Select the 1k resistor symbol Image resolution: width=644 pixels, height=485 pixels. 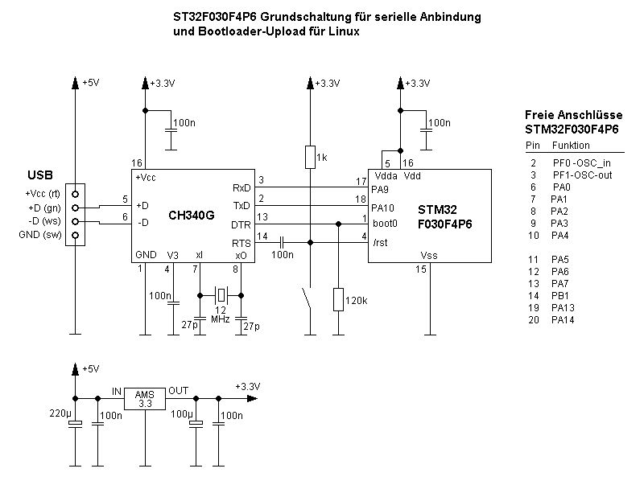[310, 157]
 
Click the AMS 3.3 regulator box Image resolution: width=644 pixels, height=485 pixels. [145, 398]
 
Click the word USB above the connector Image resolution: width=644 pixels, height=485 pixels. [40, 175]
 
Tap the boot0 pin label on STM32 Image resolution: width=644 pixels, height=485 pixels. [385, 224]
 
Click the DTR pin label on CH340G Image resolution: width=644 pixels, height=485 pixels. [242, 225]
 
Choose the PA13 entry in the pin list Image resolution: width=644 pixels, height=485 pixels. [562, 307]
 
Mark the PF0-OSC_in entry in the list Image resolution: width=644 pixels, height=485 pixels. [576, 162]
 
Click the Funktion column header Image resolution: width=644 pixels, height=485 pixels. [571, 146]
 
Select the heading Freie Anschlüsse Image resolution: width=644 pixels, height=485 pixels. [572, 115]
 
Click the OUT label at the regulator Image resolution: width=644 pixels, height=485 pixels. [179, 391]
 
